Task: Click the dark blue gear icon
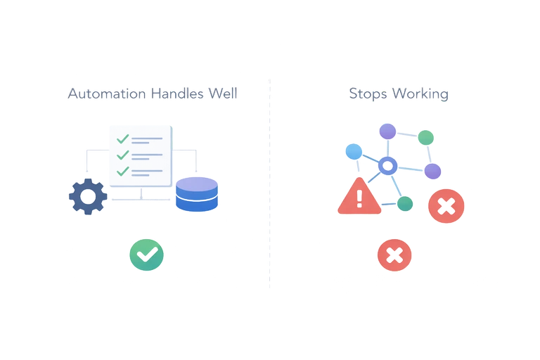(88, 197)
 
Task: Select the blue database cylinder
(196, 194)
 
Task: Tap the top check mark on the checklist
(123, 139)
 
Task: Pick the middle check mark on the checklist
(123, 155)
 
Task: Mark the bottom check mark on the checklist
(123, 171)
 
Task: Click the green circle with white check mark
(146, 254)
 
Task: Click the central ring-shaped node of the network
(386, 166)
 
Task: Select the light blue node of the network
(354, 151)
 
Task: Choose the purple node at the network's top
(387, 131)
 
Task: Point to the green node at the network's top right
(425, 137)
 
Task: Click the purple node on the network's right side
(432, 171)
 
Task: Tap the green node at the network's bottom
(405, 204)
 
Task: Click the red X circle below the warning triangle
(394, 255)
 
